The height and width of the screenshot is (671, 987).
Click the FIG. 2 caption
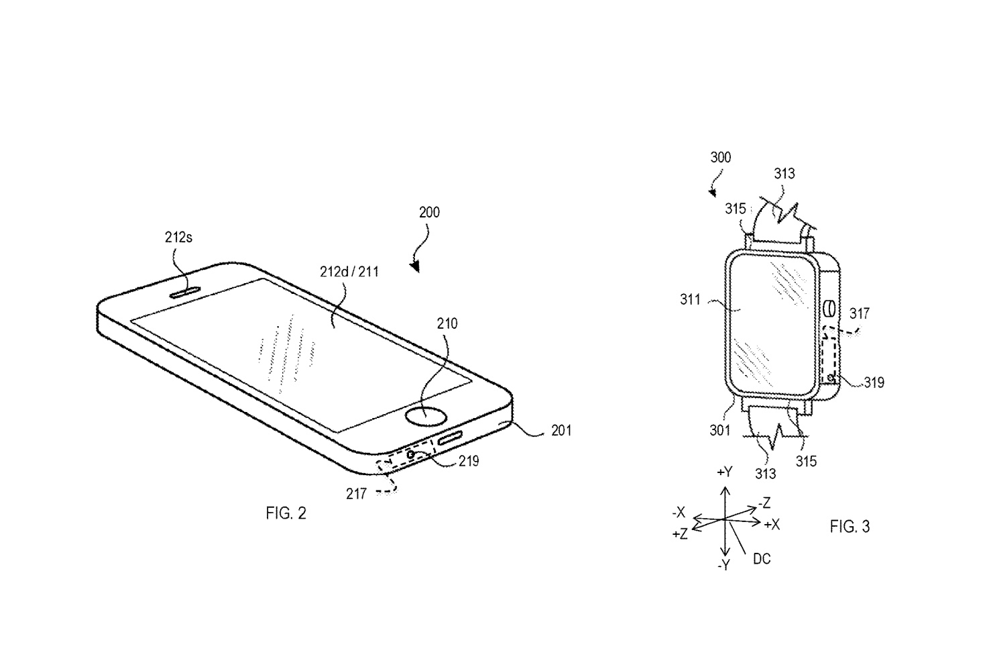(286, 514)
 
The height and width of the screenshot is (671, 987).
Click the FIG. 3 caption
(850, 527)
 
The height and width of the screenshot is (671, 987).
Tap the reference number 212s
(179, 238)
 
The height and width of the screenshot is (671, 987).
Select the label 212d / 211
(349, 272)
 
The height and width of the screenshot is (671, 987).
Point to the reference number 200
(429, 213)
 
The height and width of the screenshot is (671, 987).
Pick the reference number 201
(561, 430)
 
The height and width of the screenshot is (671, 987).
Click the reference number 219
(469, 462)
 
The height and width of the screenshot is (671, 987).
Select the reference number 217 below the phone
(356, 494)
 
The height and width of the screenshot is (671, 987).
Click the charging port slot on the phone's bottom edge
(457, 439)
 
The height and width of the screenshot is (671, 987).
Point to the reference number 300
(720, 158)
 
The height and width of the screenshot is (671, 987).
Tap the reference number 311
(690, 300)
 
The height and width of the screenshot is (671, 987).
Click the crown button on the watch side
(828, 309)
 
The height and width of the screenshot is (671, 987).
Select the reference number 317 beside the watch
(859, 313)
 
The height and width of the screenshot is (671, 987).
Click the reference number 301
(719, 429)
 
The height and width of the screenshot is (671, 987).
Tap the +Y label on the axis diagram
(724, 472)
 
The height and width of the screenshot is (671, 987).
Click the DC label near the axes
(761, 558)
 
